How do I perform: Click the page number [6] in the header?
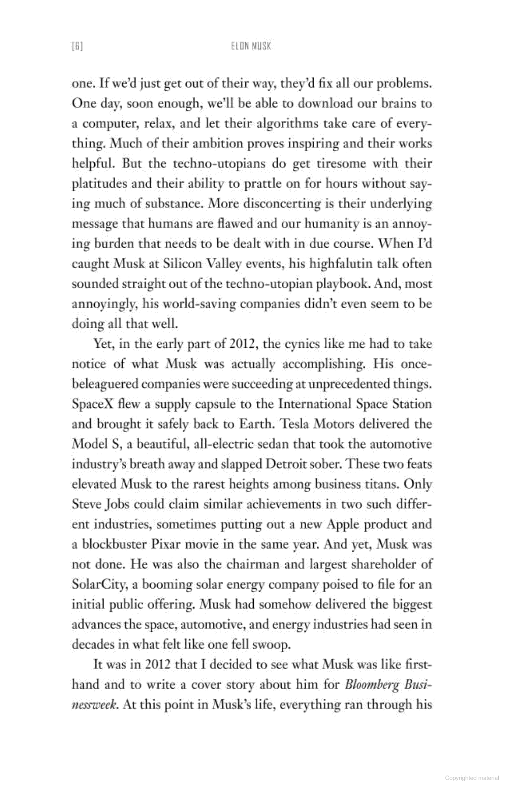[77, 46]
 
